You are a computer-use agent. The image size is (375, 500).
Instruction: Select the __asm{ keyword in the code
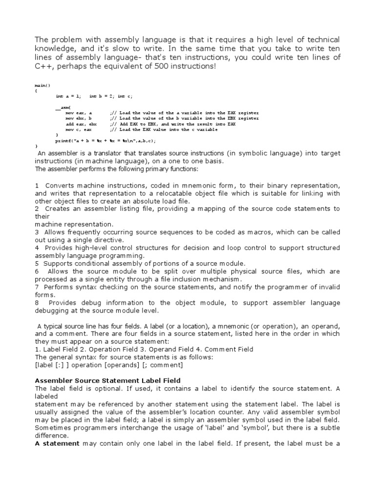pyautogui.click(x=62, y=107)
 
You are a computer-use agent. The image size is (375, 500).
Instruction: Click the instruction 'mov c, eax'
pyautogui.click(x=79, y=129)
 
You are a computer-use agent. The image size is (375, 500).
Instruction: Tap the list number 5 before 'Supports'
pyautogui.click(x=37, y=264)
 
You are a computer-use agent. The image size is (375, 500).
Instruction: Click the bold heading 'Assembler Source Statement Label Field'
pyautogui.click(x=107, y=380)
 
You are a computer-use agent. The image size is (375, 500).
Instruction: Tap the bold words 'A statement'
pyautogui.click(x=57, y=443)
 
